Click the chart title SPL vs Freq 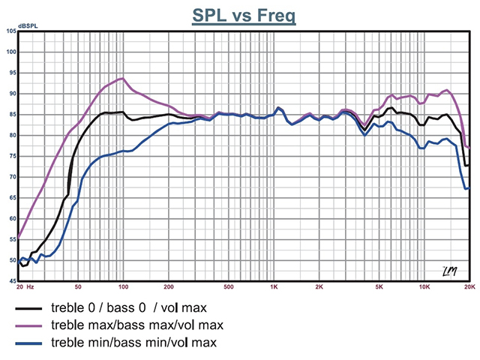coord(244,15)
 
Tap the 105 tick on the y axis coord(10,31)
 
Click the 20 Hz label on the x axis coord(25,287)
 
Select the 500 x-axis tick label coord(229,287)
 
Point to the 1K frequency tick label coord(274,287)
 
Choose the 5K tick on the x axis coord(379,287)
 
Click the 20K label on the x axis coord(469,287)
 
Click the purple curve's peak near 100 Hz coord(121,78)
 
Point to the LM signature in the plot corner coord(451,270)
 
